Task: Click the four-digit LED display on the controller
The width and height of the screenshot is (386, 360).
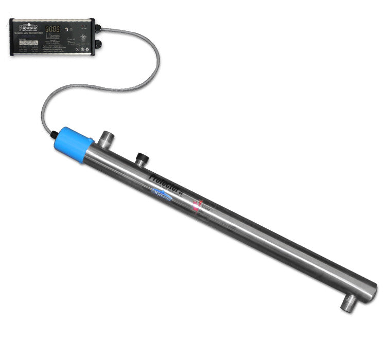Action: click(53, 29)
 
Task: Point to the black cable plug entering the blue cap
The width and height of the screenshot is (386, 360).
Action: click(54, 135)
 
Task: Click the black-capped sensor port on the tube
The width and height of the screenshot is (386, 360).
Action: click(141, 157)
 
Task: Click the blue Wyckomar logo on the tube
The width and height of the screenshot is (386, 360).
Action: click(166, 195)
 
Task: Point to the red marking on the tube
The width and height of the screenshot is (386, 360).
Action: click(196, 206)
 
